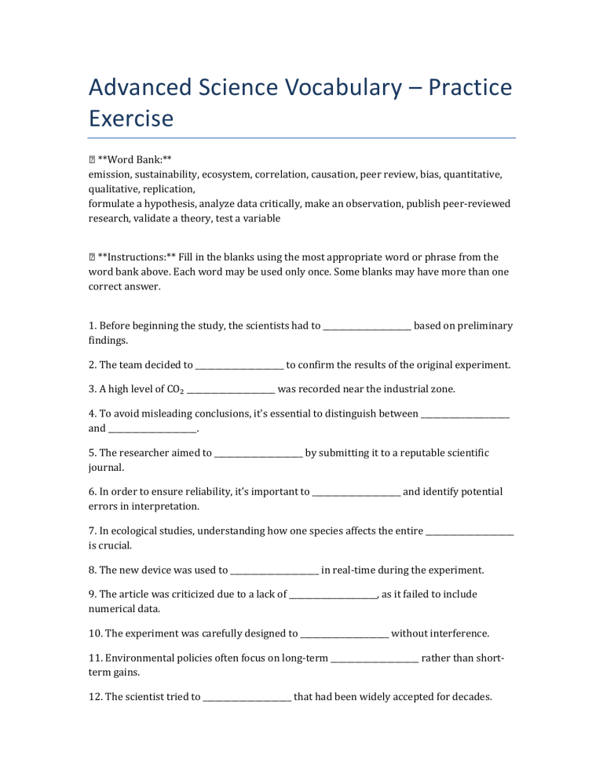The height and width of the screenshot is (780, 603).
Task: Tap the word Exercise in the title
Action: [x=130, y=119]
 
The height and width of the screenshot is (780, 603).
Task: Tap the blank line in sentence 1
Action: [x=367, y=326]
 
